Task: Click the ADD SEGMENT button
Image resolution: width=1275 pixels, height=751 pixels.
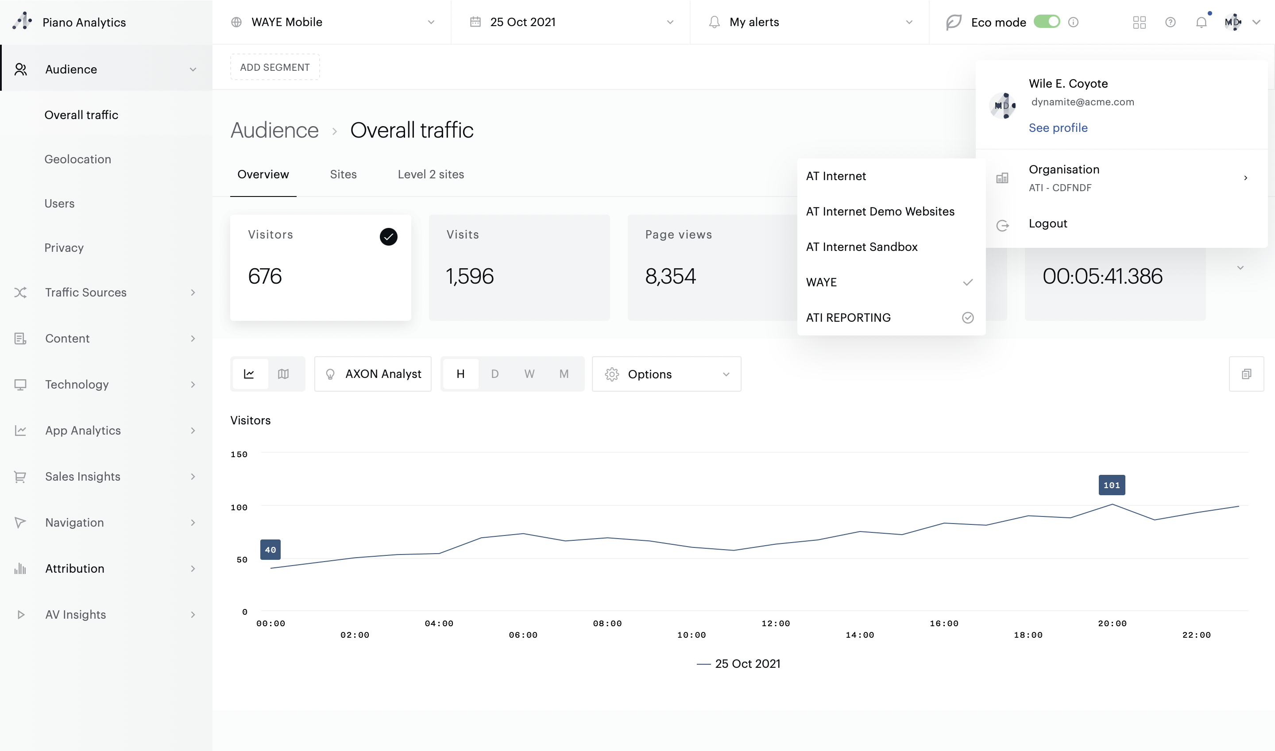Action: coord(275,67)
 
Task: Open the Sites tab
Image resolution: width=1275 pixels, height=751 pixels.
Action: coord(343,175)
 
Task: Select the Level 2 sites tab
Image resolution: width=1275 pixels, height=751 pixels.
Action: coord(431,175)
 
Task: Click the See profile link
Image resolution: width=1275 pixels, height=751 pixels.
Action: coord(1058,127)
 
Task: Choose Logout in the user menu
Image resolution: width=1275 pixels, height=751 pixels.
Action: coord(1048,223)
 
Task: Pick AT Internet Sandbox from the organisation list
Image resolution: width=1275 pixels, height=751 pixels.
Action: coord(862,247)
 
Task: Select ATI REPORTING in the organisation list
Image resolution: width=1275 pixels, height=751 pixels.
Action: coord(848,318)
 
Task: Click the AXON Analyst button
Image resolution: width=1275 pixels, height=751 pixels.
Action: coord(373,374)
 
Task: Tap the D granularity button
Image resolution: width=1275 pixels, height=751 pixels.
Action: coord(495,374)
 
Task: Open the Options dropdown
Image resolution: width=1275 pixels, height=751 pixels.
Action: coord(666,374)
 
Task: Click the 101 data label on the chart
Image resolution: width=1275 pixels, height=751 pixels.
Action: coord(1112,485)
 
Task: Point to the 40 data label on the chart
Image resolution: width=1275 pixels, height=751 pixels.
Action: coord(270,550)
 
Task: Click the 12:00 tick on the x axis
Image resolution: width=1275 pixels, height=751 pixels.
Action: coord(776,624)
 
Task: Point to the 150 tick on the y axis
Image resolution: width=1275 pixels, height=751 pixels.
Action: coord(239,454)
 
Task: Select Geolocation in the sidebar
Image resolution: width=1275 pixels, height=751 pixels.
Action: coord(77,159)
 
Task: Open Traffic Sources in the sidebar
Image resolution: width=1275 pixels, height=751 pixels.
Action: coord(85,293)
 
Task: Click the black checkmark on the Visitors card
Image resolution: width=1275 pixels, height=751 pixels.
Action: coord(388,237)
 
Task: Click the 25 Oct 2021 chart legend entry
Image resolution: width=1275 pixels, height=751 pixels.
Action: coord(739,664)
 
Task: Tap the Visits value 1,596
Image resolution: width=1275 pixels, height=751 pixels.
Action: coord(469,276)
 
